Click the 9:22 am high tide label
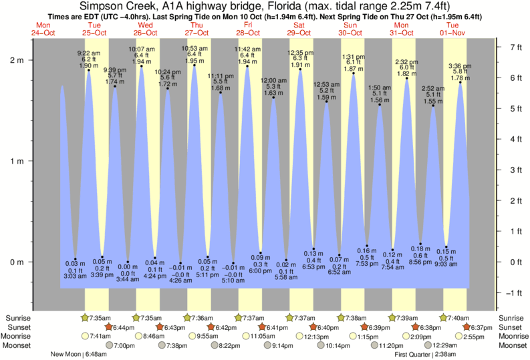[89, 53]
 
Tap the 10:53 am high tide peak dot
[194, 65]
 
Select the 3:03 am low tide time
[75, 275]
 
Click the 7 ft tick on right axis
[515, 47]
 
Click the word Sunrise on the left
[18, 318]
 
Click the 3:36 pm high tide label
[460, 65]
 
